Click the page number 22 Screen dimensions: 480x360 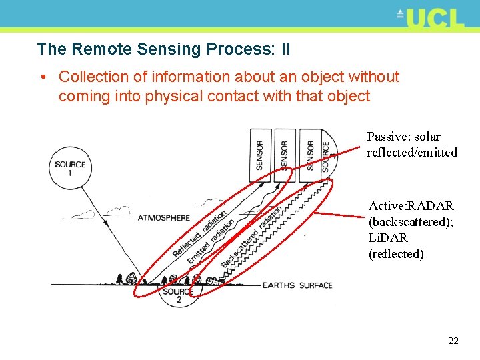coord(453,341)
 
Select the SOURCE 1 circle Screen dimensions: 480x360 coord(70,166)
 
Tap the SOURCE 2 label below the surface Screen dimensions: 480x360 coord(178,295)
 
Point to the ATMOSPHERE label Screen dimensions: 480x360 coord(163,217)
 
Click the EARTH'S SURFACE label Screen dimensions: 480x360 coord(297,285)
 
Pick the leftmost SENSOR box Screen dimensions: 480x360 coord(259,155)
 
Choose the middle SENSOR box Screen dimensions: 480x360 coord(284,155)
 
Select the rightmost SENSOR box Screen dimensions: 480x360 coord(309,155)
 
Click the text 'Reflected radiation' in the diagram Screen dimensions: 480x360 coord(200,235)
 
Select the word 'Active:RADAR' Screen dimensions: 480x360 coord(411,205)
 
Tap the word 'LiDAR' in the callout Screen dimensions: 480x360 coord(388,237)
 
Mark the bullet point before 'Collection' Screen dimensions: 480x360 coord(43,77)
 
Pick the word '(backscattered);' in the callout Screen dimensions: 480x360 coord(411,221)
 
